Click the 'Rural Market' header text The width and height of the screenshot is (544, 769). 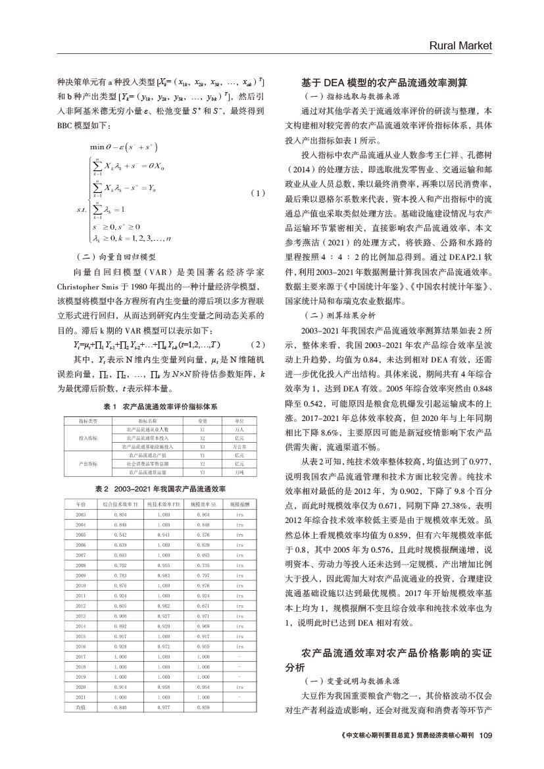pos(460,45)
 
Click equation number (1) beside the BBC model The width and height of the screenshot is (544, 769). pos(259,193)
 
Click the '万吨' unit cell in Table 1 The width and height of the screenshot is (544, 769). pos(239,472)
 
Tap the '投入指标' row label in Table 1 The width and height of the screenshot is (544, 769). pos(87,437)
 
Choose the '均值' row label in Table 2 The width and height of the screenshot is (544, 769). pos(81,707)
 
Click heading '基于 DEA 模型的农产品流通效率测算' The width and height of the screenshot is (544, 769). pos(384,83)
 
